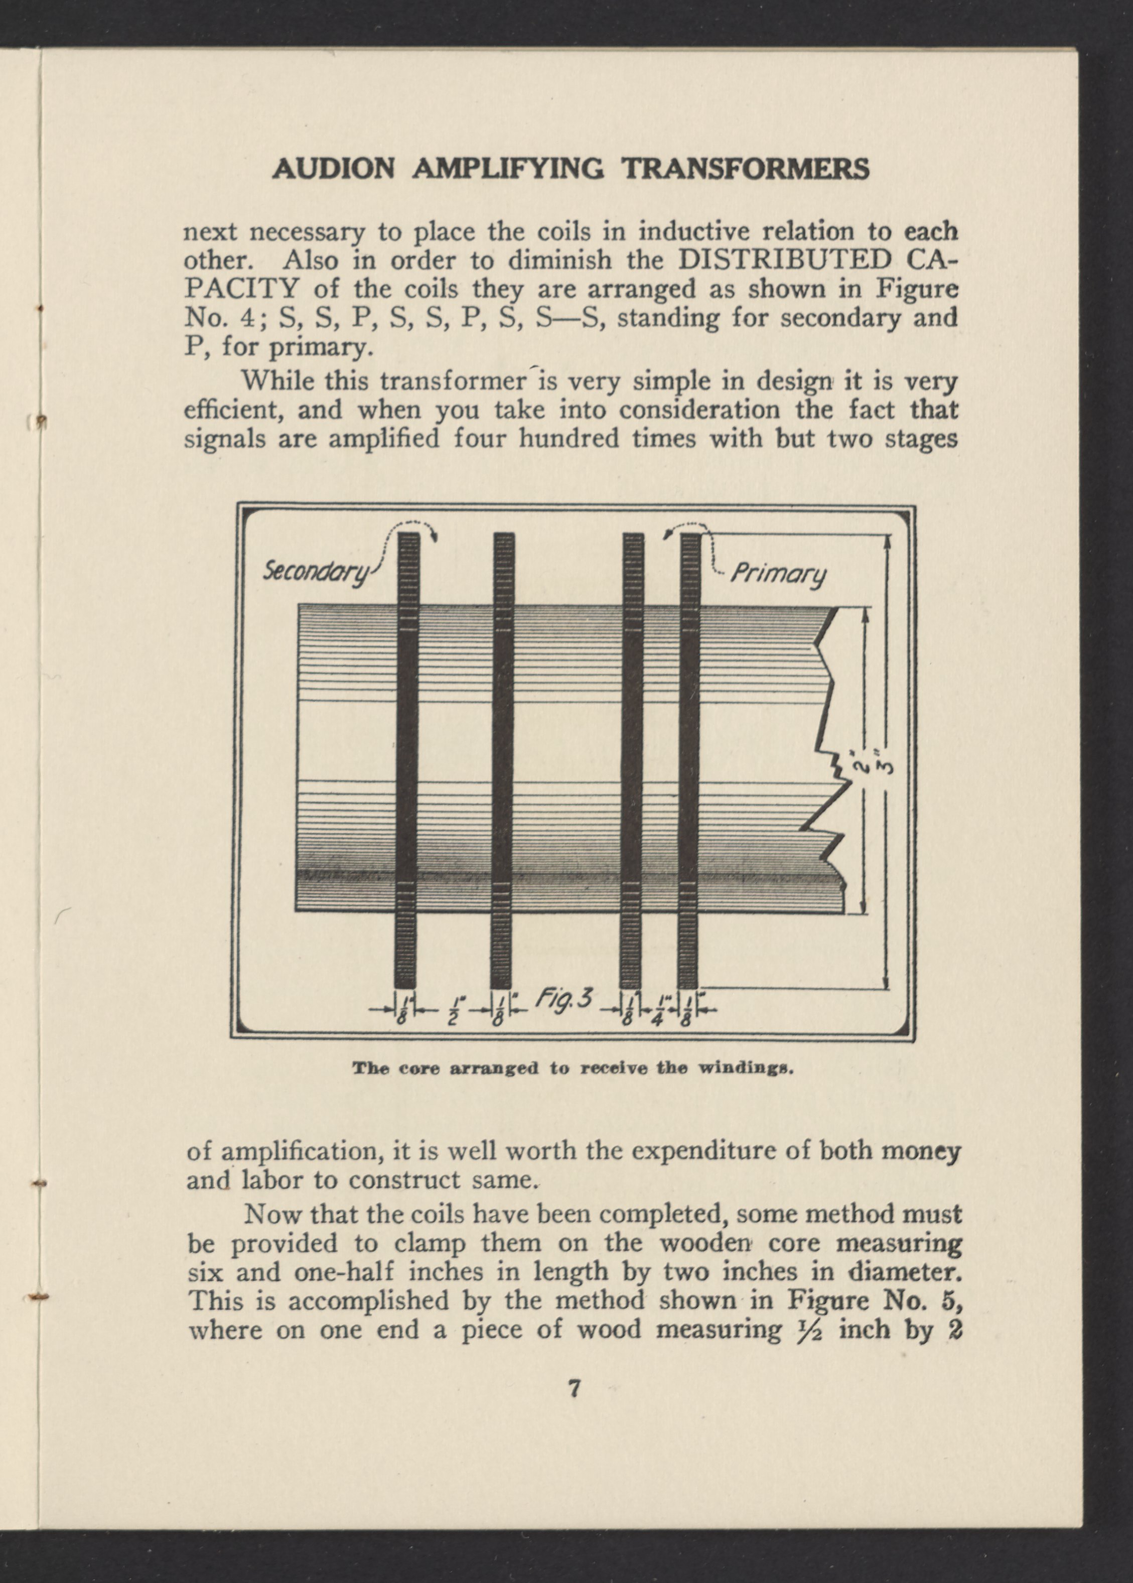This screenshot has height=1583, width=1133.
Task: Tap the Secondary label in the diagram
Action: (315, 572)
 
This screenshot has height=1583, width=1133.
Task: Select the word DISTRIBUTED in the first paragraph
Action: (784, 260)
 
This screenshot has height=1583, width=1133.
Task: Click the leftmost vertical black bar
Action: (407, 760)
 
